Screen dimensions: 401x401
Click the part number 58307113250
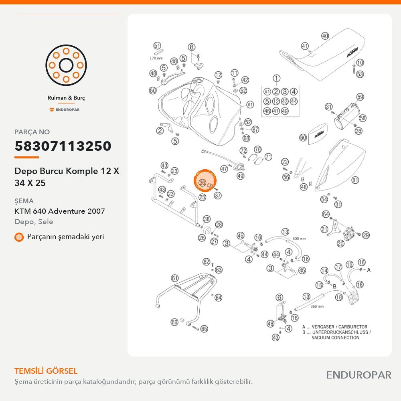[63, 146]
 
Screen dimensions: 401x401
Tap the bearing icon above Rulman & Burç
[66, 65]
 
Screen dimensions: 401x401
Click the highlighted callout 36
[202, 182]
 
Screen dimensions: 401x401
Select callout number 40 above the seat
[325, 36]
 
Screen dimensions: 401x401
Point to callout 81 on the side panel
[355, 180]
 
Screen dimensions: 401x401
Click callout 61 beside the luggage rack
[175, 278]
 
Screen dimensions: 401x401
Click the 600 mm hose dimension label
[299, 238]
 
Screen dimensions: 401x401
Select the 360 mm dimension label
[317, 306]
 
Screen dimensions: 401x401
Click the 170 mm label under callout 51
[156, 58]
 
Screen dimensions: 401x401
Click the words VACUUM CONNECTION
[335, 338]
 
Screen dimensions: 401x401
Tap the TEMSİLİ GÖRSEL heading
[46, 371]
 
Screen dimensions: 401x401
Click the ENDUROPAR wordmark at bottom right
[358, 375]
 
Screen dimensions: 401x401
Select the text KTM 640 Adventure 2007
[60, 211]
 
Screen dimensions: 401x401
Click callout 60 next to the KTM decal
[303, 138]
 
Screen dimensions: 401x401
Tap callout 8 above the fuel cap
[192, 47]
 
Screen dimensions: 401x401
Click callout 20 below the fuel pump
[340, 243]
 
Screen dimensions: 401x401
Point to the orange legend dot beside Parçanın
[19, 237]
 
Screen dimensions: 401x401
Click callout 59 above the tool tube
[360, 97]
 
